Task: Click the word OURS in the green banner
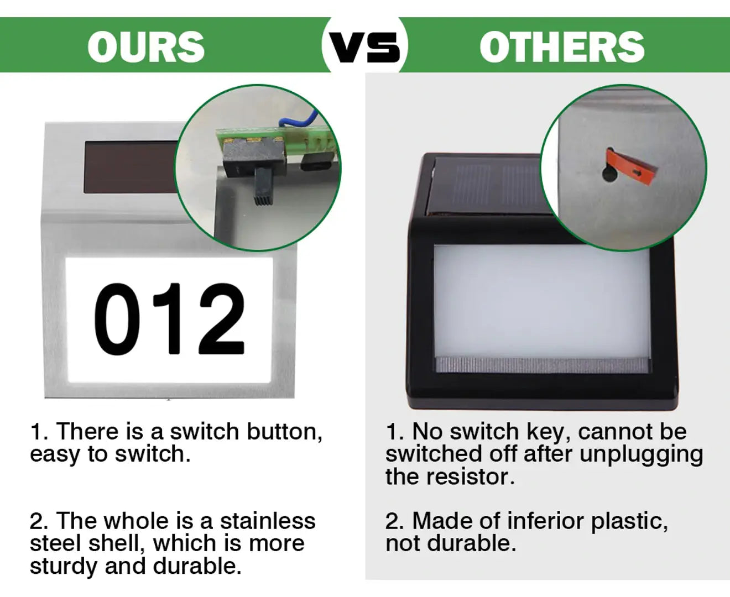146,47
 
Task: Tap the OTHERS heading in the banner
562,47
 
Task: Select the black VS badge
364,48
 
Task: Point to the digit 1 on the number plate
169,319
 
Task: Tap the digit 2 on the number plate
222,318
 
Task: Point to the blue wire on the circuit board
298,119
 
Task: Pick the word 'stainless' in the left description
268,521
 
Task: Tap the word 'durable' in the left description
197,566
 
